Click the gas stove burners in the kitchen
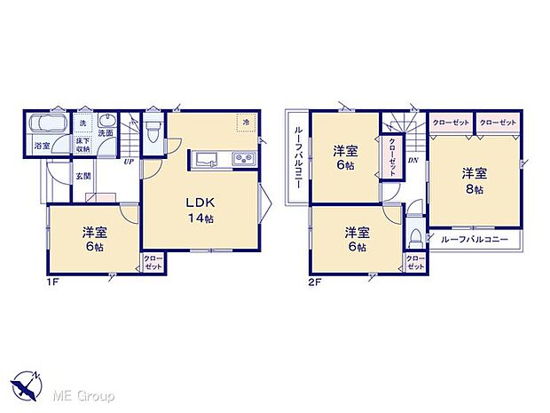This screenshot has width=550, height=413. tap(242, 160)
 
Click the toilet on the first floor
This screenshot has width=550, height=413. tap(152, 132)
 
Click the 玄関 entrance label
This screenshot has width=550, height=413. tap(82, 175)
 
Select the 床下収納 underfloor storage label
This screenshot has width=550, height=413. tap(82, 145)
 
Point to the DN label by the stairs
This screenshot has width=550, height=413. tap(412, 161)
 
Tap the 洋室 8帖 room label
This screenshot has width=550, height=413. tap(472, 181)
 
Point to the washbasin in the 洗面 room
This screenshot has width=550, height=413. tap(106, 123)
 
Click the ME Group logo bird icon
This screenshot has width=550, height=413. tap(27, 388)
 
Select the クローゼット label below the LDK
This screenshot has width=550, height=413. tap(153, 263)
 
